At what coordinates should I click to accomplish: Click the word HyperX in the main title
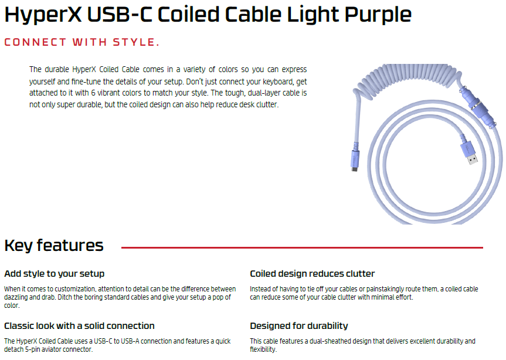43,15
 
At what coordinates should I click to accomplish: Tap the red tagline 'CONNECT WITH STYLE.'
82,42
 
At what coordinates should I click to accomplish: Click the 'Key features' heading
54,246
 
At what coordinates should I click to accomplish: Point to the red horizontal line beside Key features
302,248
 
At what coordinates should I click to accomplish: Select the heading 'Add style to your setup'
54,274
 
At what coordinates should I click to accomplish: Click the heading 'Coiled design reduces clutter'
312,274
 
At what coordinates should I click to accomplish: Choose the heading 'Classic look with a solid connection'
79,326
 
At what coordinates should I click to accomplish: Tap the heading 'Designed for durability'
299,326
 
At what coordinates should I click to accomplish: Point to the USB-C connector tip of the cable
355,169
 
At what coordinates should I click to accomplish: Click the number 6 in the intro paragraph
93,93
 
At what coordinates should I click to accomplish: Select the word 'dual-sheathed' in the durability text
331,341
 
